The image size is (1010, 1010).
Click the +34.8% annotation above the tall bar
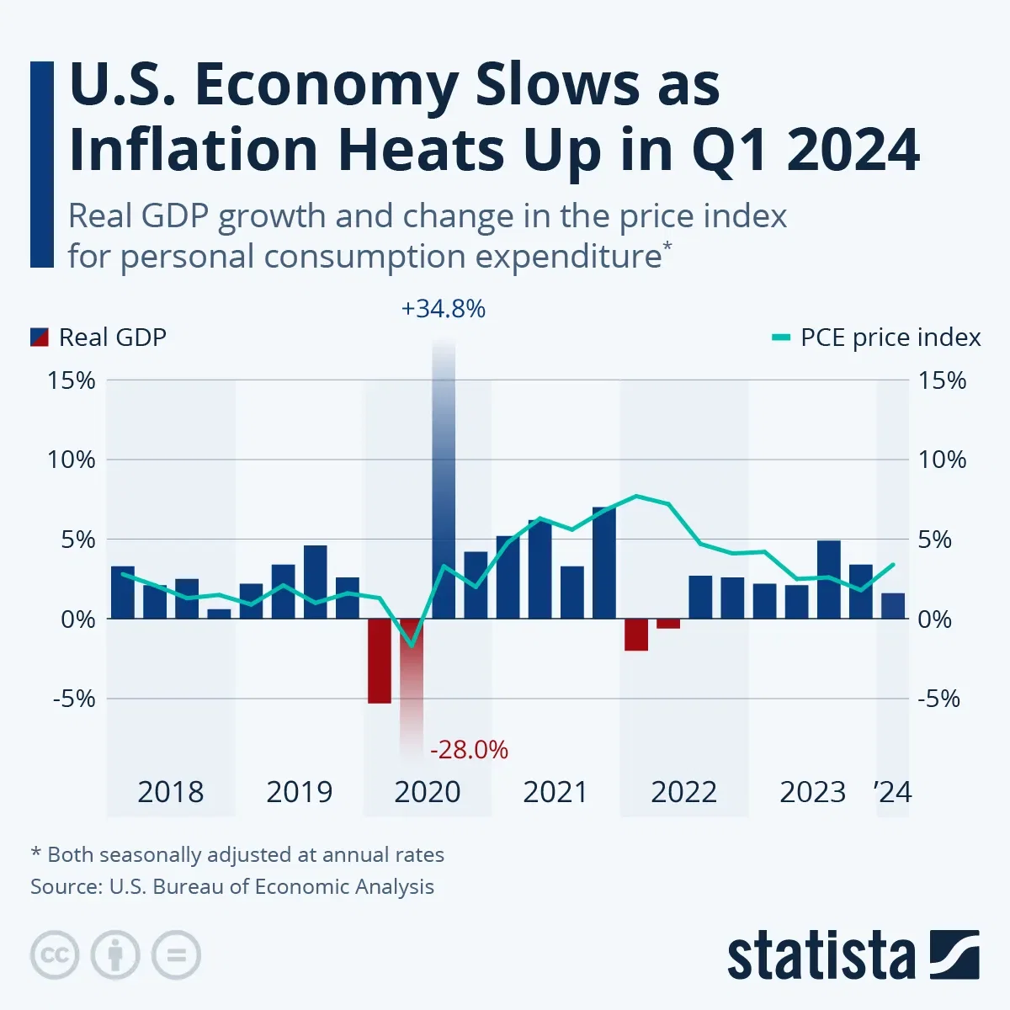click(444, 309)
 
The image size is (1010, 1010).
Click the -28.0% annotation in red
click(469, 749)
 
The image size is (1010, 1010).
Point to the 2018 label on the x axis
click(170, 792)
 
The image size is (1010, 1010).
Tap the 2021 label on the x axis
click(555, 792)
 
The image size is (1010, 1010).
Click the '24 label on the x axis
click(892, 792)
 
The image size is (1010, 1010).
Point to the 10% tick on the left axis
click(72, 460)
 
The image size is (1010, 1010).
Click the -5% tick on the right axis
click(938, 699)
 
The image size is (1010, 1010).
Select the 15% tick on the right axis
click(942, 380)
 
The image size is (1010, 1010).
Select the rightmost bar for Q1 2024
click(893, 605)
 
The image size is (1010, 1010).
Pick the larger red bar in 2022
click(636, 635)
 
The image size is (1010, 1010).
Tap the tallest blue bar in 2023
click(829, 579)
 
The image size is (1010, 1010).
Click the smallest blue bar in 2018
click(219, 614)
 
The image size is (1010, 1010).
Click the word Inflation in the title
click(194, 150)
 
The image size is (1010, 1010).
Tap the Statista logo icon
click(954, 954)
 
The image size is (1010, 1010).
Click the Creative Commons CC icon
click(55, 955)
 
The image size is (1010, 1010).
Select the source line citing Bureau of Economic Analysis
click(232, 886)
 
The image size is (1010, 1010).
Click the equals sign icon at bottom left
click(176, 955)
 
